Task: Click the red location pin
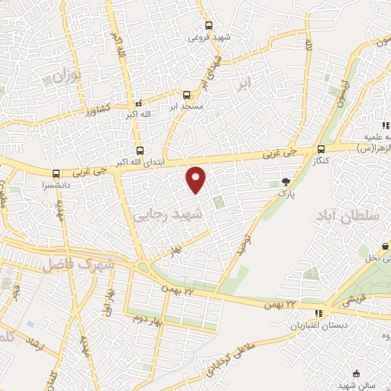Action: (x=197, y=179)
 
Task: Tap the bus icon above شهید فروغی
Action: (x=199, y=25)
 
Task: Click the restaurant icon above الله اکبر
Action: (x=138, y=104)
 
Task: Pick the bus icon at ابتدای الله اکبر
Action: (x=139, y=151)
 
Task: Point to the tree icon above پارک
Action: (x=286, y=182)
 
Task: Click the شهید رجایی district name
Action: (x=170, y=217)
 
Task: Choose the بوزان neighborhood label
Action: (x=67, y=76)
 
